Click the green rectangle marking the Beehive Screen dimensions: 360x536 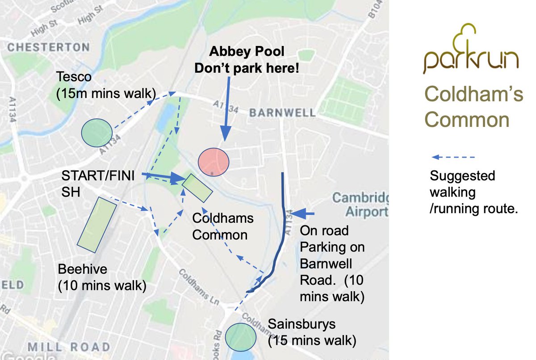click(x=96, y=222)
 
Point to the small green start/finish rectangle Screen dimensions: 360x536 click(x=197, y=188)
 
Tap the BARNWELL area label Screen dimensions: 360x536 click(x=282, y=113)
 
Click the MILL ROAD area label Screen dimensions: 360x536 click(x=69, y=347)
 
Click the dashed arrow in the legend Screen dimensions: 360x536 click(x=453, y=157)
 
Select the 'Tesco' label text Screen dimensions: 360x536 click(x=74, y=77)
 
